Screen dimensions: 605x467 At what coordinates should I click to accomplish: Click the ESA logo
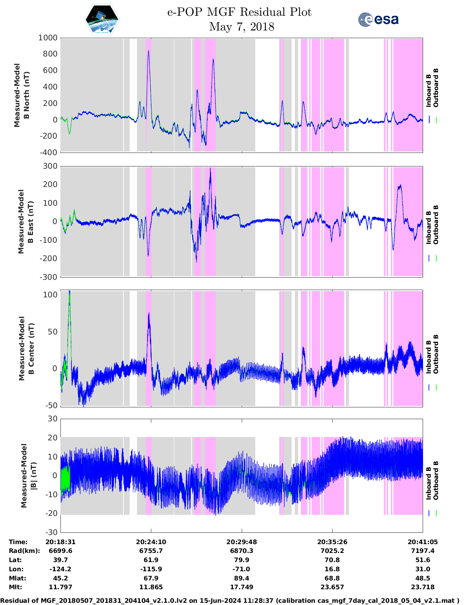(378, 19)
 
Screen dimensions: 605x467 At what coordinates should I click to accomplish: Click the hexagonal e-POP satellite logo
(102, 19)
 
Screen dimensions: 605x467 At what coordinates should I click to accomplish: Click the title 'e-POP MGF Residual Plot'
(239, 12)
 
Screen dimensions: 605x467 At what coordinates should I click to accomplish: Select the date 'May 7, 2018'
(241, 27)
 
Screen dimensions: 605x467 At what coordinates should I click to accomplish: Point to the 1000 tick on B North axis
(48, 38)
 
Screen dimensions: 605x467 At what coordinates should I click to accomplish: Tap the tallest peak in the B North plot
(148, 51)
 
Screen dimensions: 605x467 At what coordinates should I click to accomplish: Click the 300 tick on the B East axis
(50, 166)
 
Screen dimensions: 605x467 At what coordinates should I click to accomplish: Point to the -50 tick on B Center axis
(51, 406)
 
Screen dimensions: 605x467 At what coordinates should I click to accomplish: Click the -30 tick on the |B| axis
(52, 532)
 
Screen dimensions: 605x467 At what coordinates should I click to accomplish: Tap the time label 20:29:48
(241, 542)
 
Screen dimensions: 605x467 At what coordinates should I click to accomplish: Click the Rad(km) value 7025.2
(332, 551)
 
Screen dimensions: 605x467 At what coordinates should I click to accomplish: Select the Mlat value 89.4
(241, 578)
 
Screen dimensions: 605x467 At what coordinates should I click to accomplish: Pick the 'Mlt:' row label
(15, 587)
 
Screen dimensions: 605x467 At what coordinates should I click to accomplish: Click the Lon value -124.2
(60, 569)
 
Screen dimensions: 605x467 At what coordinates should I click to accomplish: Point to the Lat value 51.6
(423, 560)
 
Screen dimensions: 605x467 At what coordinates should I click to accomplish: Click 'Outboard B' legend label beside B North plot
(436, 88)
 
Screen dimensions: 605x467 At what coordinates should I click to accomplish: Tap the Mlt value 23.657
(332, 587)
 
